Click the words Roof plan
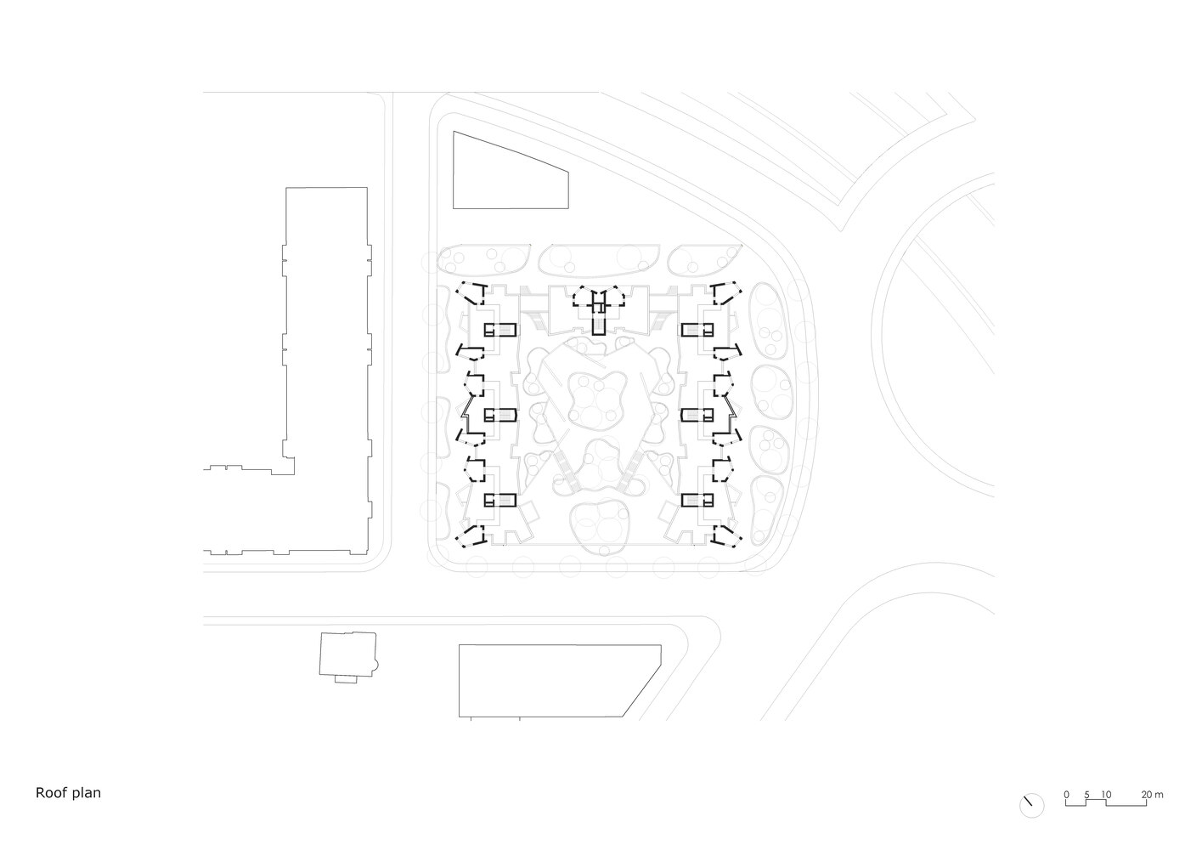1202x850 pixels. coord(68,792)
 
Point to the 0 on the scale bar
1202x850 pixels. coord(1066,795)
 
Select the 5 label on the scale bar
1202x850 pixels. coord(1086,795)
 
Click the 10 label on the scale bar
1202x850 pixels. coord(1106,795)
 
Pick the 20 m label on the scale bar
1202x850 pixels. coord(1152,795)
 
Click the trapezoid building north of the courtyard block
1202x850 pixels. coord(511,170)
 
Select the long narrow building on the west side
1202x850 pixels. coord(326,371)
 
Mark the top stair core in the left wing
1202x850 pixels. coord(500,330)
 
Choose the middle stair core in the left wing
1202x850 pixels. coord(500,415)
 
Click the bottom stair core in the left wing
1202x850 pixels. coord(500,501)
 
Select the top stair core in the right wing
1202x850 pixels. coord(697,330)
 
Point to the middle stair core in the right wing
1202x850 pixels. coord(697,415)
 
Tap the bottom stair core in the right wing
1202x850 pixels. coord(697,501)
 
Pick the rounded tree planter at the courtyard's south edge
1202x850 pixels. coord(599,527)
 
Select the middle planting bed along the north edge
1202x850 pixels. coord(599,259)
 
